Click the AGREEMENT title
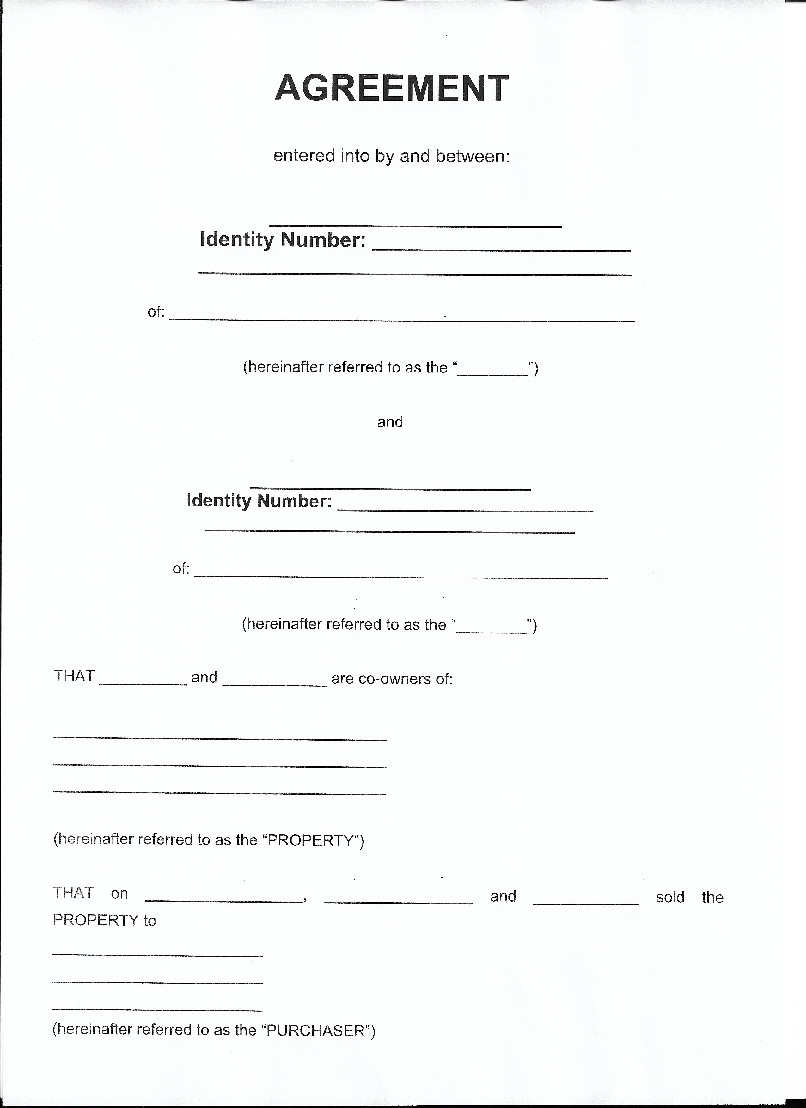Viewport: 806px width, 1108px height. pos(392,88)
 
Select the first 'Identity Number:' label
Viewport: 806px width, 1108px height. pos(283,239)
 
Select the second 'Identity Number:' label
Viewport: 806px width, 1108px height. pos(259,501)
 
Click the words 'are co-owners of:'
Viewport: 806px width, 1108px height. pos(392,679)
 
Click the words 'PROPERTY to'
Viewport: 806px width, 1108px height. pos(104,920)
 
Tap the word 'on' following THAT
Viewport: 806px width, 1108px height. pos(119,893)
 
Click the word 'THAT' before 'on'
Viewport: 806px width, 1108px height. pos(73,893)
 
